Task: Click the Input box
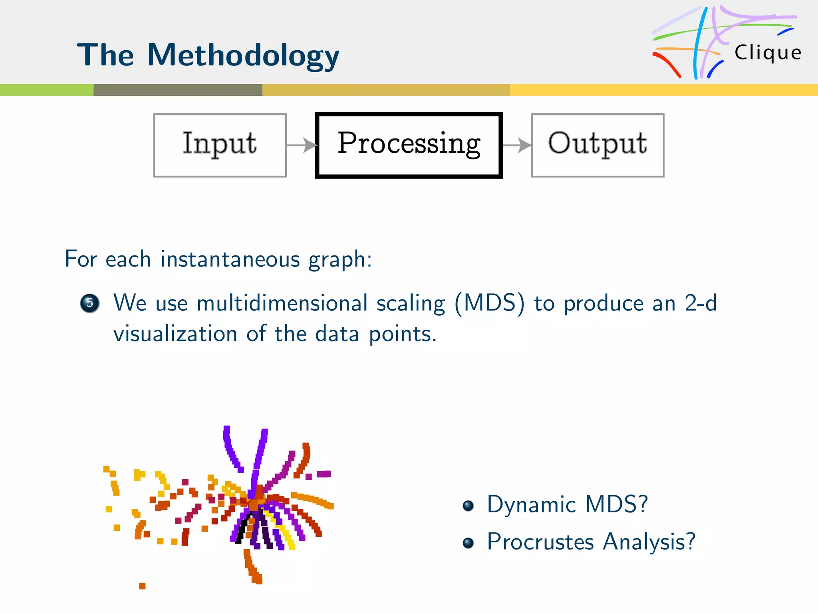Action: [220, 145]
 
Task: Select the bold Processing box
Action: [409, 145]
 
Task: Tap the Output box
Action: [598, 145]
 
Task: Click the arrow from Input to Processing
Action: [302, 145]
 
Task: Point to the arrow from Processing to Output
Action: [517, 145]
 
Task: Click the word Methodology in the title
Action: [243, 56]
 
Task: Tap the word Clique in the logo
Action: [768, 53]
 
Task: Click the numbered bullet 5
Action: [90, 303]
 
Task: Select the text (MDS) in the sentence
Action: [489, 303]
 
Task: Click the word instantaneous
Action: [230, 259]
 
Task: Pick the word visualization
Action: [175, 334]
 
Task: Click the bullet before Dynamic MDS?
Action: [468, 506]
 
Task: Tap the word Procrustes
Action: [540, 542]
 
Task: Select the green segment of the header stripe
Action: [46, 90]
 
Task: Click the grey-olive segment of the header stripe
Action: [178, 90]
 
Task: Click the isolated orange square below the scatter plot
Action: [142, 586]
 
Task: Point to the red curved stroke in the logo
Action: [667, 64]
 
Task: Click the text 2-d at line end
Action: [701, 303]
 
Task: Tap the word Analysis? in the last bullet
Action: [649, 542]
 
